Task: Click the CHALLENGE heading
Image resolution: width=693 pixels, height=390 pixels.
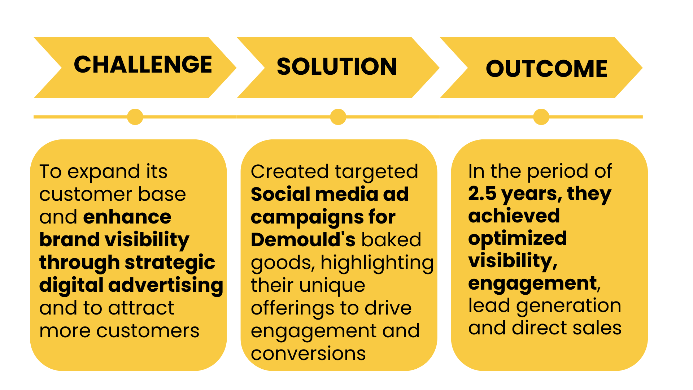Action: tap(143, 65)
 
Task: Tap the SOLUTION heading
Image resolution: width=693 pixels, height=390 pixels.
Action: tap(337, 67)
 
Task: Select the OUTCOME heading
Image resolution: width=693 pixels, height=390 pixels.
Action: tap(546, 69)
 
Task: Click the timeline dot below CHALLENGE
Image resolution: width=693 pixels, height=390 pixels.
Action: tap(135, 117)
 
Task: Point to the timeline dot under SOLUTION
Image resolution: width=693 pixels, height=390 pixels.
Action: tap(338, 117)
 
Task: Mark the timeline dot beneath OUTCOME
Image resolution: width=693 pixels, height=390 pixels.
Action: tap(541, 117)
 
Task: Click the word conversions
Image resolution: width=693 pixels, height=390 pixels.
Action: tap(308, 354)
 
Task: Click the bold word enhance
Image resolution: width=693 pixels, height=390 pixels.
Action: tap(127, 217)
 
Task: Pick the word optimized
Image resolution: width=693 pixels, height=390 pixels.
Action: tap(517, 239)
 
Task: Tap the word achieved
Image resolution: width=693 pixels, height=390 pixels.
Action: tap(514, 216)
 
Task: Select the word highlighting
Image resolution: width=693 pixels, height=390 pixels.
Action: tap(377, 263)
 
